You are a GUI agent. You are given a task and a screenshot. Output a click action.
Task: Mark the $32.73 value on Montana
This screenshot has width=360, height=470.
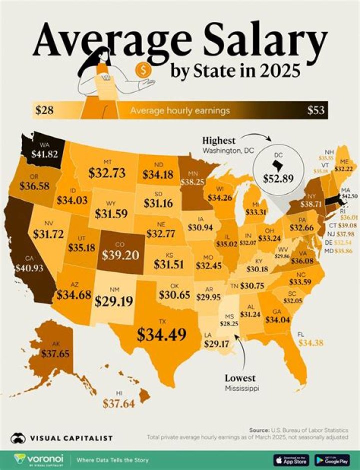(x=109, y=173)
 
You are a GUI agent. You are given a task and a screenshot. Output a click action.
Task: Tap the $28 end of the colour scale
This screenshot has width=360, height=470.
(x=44, y=110)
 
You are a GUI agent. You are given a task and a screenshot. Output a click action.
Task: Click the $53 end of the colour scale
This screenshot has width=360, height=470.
(x=315, y=110)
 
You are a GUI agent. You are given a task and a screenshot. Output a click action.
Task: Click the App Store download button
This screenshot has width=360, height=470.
(x=291, y=459)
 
